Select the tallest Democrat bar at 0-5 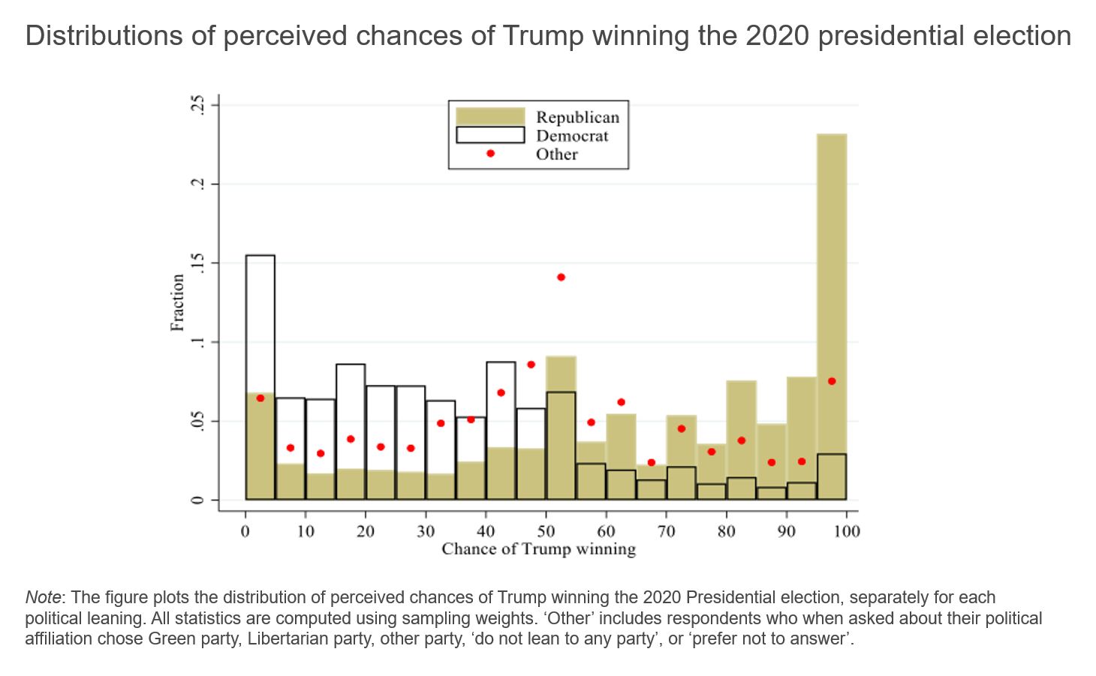pos(260,323)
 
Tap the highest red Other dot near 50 pos(561,278)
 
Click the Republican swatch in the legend pos(490,116)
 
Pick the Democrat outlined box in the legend pos(490,135)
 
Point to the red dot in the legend pos(490,154)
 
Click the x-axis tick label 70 pos(666,531)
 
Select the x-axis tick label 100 pos(847,531)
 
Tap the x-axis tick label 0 pos(245,531)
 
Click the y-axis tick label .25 pos(197,104)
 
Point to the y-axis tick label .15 pos(197,263)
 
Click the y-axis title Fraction pos(177,302)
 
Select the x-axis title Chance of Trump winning pos(538,549)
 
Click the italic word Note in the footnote pos(43,597)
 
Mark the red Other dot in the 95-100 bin pos(832,381)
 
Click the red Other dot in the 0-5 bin pos(260,398)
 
